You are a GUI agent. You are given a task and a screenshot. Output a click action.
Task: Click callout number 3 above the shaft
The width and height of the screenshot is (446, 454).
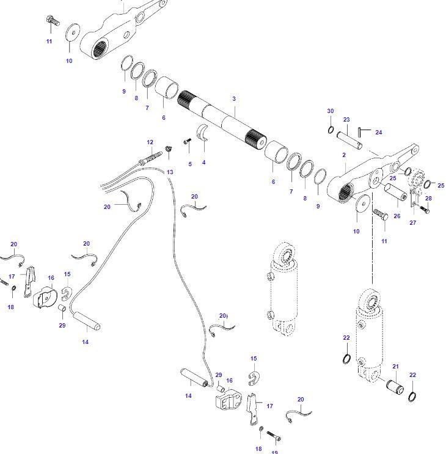pos(233,99)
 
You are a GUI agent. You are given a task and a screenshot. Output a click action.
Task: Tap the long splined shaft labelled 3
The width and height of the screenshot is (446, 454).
pos(223,119)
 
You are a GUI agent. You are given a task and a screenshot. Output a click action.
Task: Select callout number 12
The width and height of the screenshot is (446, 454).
pos(150,142)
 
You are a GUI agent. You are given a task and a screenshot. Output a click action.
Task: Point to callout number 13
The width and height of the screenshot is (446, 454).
pos(170,172)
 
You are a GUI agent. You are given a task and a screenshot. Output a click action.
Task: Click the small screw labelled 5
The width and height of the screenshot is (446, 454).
pos(188,142)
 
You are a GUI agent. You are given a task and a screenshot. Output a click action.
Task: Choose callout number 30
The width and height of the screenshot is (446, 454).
pos(331,111)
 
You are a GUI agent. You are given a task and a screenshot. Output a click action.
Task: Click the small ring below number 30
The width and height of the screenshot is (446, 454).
pos(331,130)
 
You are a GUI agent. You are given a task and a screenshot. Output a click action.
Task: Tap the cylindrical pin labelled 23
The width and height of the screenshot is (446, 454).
pos(353,138)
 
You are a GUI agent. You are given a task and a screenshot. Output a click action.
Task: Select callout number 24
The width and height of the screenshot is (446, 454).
pos(378,133)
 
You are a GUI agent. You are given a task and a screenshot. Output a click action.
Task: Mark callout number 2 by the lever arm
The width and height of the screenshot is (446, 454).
pos(344,155)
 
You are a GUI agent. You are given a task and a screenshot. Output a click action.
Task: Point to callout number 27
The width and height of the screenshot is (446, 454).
pos(413,223)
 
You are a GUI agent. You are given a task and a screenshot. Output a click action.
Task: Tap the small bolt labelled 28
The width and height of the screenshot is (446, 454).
pos(425,209)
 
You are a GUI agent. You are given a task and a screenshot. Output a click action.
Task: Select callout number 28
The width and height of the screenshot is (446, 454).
pos(428,199)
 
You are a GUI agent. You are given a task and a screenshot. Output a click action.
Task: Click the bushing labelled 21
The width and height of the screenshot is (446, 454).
pos(394,387)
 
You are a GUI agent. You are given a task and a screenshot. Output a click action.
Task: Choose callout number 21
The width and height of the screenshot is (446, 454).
pos(395,367)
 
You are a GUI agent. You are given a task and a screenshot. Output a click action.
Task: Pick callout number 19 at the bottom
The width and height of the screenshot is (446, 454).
pos(274,452)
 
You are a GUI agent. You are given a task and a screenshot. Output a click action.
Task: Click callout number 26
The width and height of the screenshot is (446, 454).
pos(397,216)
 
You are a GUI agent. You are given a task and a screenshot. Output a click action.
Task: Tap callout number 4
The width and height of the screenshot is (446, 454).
pos(203,163)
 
